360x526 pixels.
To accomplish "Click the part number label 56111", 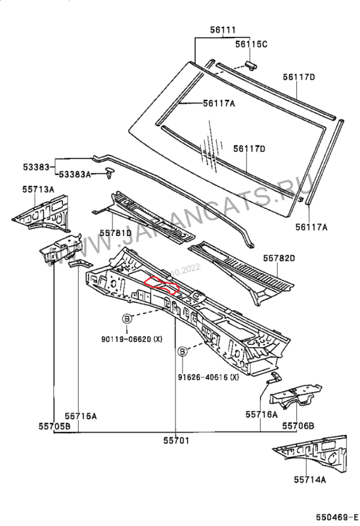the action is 223,30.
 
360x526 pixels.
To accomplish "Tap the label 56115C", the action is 251,44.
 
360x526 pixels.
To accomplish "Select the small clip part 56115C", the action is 252,65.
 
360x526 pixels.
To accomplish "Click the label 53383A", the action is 75,174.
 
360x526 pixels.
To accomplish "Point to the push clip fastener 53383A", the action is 110,172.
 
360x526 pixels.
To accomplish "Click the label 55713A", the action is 38,189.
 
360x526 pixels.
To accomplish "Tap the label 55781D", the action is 116,233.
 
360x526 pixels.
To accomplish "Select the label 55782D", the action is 279,258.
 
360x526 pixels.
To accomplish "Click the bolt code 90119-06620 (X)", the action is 132,339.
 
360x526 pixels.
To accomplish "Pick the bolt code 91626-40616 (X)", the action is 208,377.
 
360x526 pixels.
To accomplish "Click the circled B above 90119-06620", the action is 127,319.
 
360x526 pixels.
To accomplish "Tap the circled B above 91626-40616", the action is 183,352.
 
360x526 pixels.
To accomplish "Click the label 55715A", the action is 81,416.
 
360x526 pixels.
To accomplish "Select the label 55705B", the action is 55,425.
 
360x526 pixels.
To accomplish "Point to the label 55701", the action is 176,440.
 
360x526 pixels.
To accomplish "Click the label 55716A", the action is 261,414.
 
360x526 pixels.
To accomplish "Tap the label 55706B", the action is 298,425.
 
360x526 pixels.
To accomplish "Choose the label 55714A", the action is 309,480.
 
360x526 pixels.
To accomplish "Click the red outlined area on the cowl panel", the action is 161,285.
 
